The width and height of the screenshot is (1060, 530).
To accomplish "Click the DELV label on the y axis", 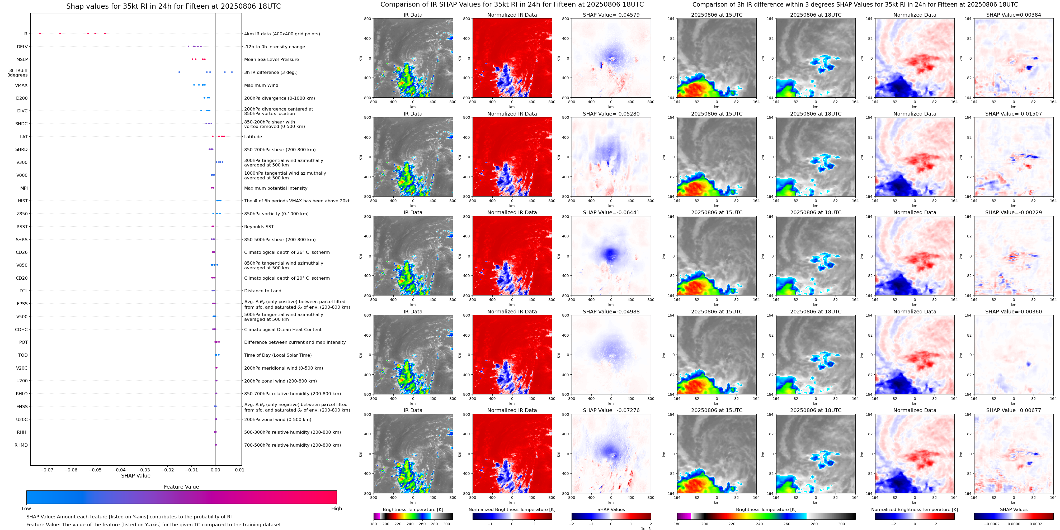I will coord(22,47).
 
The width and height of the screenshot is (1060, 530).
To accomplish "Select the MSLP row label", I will coord(22,60).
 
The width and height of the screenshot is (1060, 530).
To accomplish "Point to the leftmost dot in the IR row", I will coord(40,33).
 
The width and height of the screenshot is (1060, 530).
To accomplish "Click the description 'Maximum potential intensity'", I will coord(276,188).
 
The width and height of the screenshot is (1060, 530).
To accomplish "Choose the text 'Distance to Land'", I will coord(262,291).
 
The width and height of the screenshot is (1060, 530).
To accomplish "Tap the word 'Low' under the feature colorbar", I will coord(26,509).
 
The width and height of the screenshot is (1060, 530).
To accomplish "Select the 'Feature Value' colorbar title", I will coord(181,487).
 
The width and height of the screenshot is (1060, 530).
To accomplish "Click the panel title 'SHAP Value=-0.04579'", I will coord(611,15).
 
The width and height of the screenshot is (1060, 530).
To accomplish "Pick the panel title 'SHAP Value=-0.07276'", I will coord(611,410).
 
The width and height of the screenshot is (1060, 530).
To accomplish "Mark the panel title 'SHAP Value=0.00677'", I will coord(1014,410).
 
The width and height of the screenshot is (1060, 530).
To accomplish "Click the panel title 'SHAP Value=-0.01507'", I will coord(1014,114).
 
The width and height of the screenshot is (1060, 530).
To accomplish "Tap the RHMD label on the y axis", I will coord(21,445).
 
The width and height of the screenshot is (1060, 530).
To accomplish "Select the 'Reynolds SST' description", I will coord(259,227).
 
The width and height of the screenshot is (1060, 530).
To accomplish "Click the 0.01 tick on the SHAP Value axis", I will coord(239,470).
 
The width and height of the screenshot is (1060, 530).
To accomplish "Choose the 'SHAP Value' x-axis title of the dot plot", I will coord(136,476).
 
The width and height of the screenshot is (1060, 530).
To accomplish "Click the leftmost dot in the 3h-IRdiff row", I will coord(179,72).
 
